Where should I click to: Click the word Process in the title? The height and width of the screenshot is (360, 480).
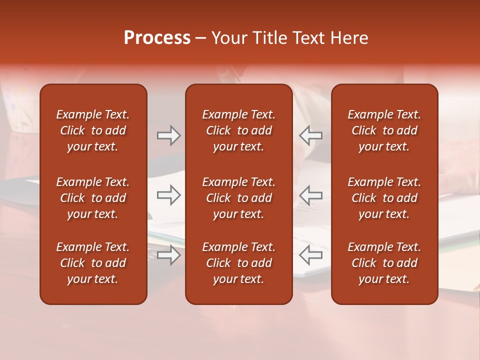[x=157, y=38]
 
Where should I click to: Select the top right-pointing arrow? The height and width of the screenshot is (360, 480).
[x=168, y=135]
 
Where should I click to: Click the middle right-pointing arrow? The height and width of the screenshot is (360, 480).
[x=168, y=195]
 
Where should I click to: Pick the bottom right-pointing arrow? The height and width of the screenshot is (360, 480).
[x=168, y=255]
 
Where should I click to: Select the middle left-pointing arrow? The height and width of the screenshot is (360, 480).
[x=310, y=195]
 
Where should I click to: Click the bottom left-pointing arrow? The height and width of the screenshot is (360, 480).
[x=310, y=255]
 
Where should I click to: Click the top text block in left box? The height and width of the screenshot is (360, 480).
[x=93, y=130]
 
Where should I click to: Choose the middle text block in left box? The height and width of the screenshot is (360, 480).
[x=93, y=198]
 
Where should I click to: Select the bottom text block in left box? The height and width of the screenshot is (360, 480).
[x=93, y=263]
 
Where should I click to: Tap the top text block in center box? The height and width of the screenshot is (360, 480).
[x=238, y=130]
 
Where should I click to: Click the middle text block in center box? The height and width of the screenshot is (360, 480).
[x=238, y=198]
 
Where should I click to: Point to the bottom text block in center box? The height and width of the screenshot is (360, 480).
[x=238, y=263]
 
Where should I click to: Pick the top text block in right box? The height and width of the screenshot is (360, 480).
[x=384, y=130]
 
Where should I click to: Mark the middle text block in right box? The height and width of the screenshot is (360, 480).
[x=384, y=198]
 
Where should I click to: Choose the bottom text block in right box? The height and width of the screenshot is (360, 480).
[x=384, y=263]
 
